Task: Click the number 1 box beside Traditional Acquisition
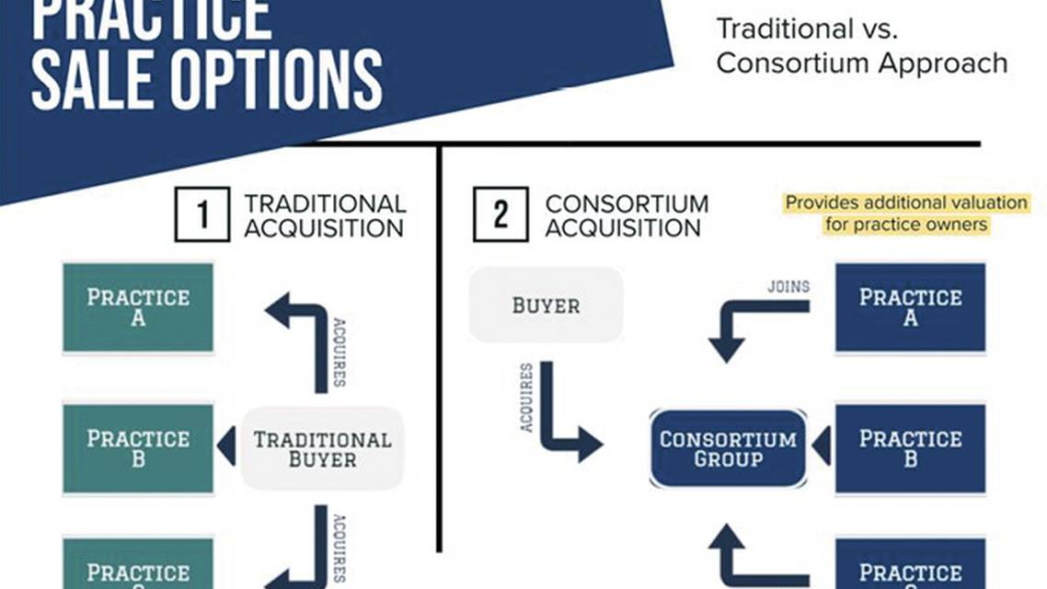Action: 201,214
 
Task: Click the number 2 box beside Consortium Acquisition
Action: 500,214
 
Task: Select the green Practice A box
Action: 138,307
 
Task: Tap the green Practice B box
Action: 138,448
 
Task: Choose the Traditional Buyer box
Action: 322,448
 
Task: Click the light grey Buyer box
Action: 546,305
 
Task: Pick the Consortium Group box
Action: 728,448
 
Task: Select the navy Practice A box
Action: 910,307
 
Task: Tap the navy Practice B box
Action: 910,448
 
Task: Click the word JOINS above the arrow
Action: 788,286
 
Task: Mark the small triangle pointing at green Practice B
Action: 226,447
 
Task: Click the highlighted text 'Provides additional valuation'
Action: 905,202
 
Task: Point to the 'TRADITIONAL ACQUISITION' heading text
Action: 324,215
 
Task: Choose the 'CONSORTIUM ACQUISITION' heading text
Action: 627,215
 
